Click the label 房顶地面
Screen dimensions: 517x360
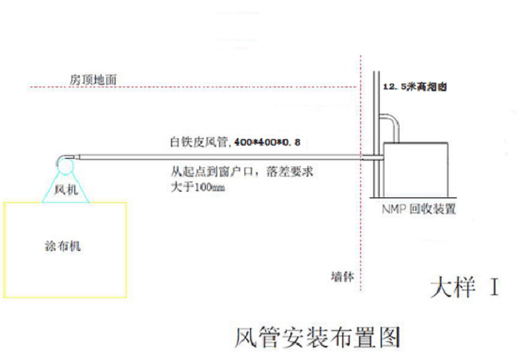[x=93, y=80]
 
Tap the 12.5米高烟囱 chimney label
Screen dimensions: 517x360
[x=415, y=86]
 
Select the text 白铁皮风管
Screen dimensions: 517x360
[x=199, y=142]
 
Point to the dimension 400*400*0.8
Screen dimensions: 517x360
[x=267, y=142]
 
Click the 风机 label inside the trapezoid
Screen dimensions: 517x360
[x=67, y=190]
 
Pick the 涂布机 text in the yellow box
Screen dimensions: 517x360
[x=63, y=246]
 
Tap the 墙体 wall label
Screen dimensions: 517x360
[x=342, y=276]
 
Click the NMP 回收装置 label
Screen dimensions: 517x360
[x=418, y=209]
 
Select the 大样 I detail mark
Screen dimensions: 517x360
[x=464, y=287]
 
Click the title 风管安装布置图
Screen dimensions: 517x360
[x=318, y=337]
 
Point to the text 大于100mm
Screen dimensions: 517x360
[x=197, y=187]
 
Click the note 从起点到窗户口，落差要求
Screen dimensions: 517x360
[x=242, y=171]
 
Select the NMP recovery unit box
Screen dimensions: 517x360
[x=415, y=170]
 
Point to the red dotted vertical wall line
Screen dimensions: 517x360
[x=361, y=173]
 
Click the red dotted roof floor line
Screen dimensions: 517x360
[x=194, y=87]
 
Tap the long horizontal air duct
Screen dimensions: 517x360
[x=219, y=157]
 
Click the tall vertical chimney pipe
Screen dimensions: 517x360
[x=376, y=134]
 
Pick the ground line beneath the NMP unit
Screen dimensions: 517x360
[x=413, y=197]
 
